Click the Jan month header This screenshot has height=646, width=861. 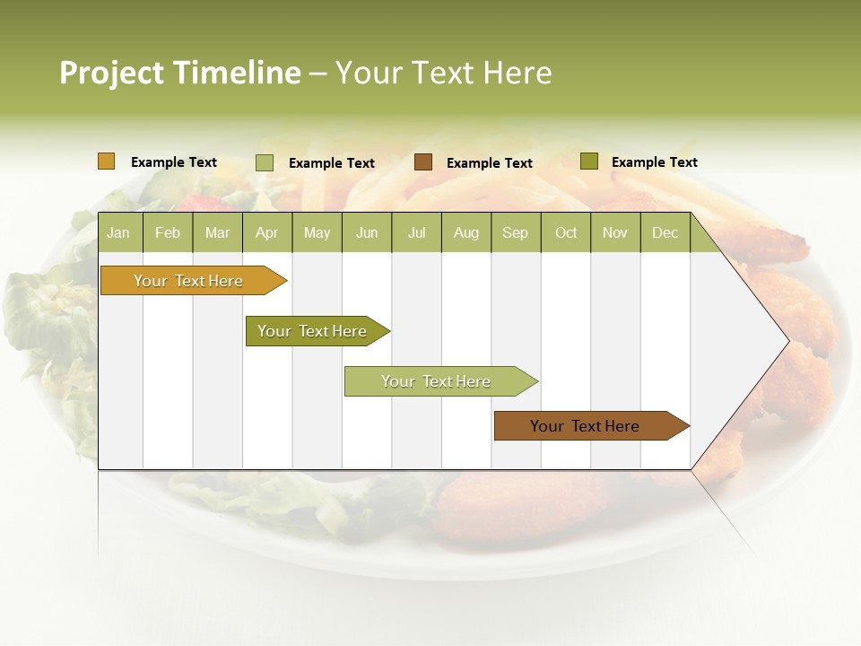click(119, 232)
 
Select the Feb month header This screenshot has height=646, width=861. click(168, 232)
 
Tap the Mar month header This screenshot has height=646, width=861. click(217, 232)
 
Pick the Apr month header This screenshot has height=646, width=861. click(267, 232)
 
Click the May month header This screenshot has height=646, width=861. click(317, 232)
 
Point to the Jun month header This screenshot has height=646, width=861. click(367, 232)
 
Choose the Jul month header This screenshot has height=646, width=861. click(416, 232)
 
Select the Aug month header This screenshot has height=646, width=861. click(466, 232)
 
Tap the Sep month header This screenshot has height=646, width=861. click(516, 232)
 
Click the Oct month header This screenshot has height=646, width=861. click(566, 232)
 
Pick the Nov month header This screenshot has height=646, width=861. click(615, 232)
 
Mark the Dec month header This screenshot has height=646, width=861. click(665, 232)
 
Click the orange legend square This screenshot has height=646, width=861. click(107, 161)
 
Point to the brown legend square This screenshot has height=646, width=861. click(423, 161)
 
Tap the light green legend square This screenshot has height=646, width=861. click(265, 162)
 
